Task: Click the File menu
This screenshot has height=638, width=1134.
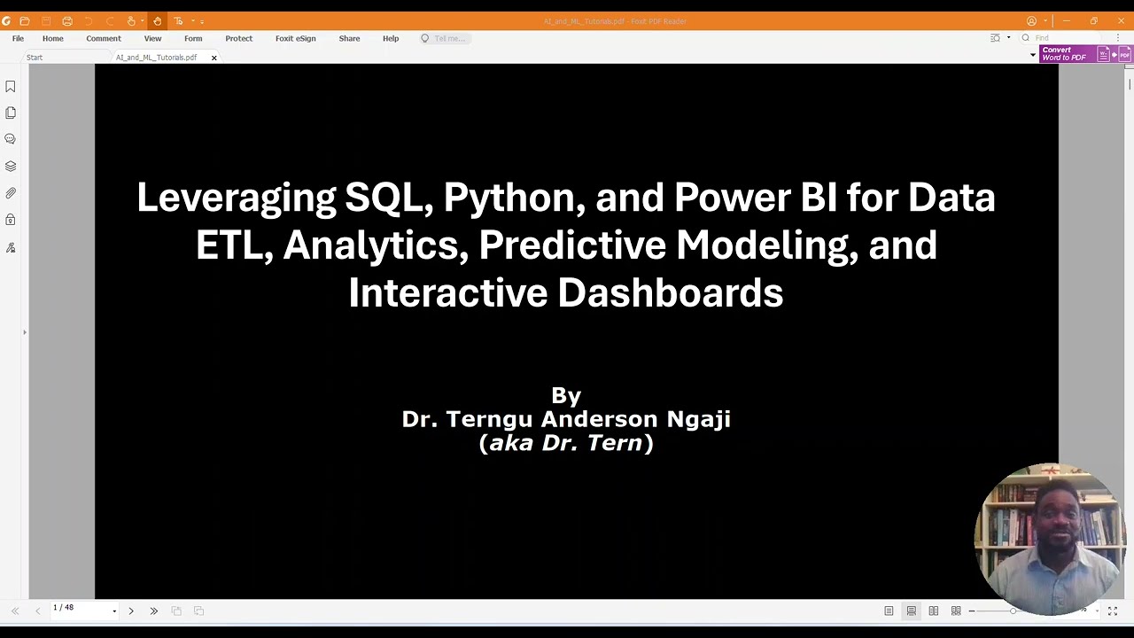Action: tap(18, 38)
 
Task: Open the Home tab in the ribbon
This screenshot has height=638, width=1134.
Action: tap(52, 38)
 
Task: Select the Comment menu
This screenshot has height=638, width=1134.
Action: tap(104, 38)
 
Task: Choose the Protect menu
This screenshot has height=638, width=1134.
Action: tap(238, 38)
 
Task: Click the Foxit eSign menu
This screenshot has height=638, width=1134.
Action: tap(295, 38)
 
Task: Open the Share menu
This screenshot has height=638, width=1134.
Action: tap(349, 38)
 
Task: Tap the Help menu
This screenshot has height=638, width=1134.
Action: tap(391, 38)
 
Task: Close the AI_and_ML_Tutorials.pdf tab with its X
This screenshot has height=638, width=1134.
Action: tap(214, 58)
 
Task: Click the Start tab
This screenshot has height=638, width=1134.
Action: tap(35, 58)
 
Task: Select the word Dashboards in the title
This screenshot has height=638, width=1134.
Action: tap(670, 293)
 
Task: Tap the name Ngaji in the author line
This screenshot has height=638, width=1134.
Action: tap(698, 419)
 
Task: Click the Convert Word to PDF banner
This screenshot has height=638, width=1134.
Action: tap(1064, 54)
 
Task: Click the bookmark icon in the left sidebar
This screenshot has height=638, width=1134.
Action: tap(11, 87)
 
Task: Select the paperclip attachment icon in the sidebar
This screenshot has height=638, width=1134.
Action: tap(11, 193)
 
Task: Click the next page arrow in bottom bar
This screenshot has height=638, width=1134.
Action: tap(131, 611)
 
